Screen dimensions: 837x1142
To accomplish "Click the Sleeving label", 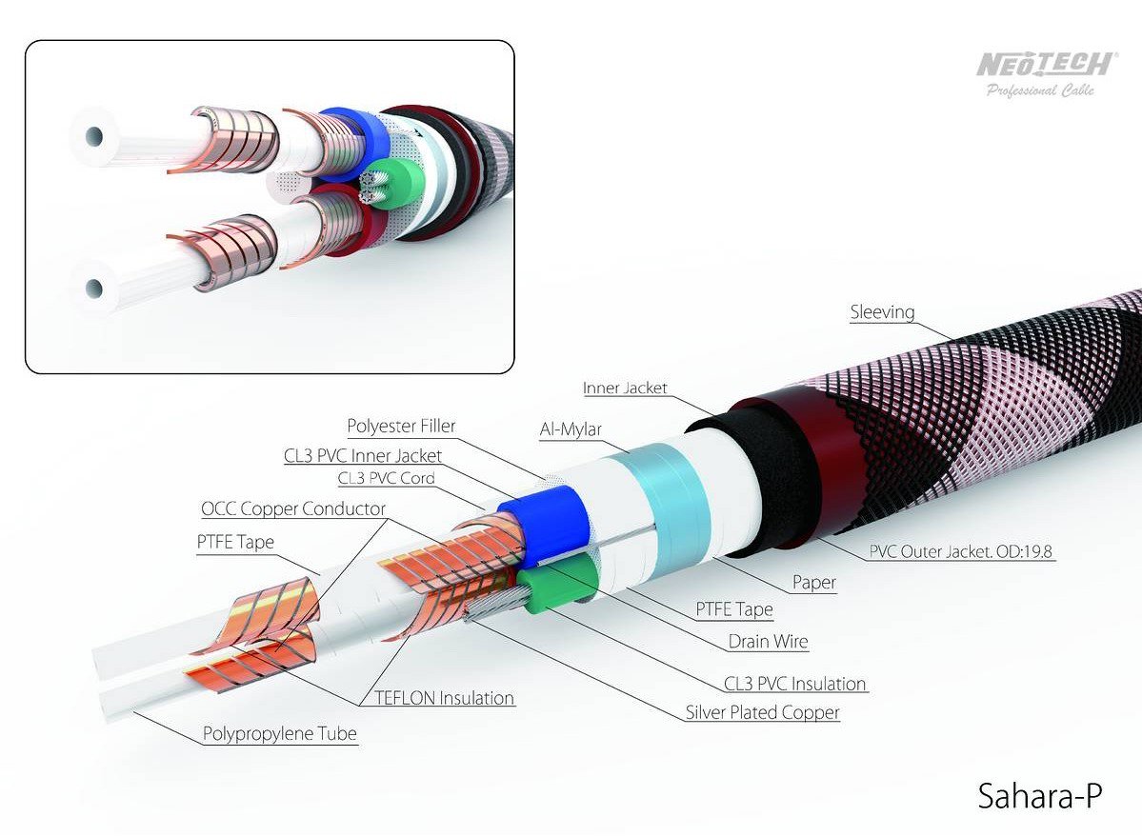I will (882, 312).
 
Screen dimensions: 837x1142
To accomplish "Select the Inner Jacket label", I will (625, 389).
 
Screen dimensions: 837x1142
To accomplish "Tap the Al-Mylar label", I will (571, 430).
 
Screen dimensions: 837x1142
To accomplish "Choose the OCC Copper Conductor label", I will (293, 509).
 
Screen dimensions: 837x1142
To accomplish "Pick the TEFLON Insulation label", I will (437, 698).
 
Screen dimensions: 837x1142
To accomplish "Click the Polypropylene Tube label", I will (280, 734).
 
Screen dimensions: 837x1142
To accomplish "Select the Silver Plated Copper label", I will (762, 712).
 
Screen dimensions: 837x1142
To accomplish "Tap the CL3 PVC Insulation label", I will (794, 684).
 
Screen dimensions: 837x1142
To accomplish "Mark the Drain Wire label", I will (768, 642).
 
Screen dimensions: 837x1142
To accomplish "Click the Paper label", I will (813, 583).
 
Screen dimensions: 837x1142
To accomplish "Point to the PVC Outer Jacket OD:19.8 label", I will (962, 550).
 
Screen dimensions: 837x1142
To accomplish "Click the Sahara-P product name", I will (1039, 795).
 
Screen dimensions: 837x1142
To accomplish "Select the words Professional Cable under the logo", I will (1040, 90).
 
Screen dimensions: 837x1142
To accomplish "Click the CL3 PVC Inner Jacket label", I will (364, 456).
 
